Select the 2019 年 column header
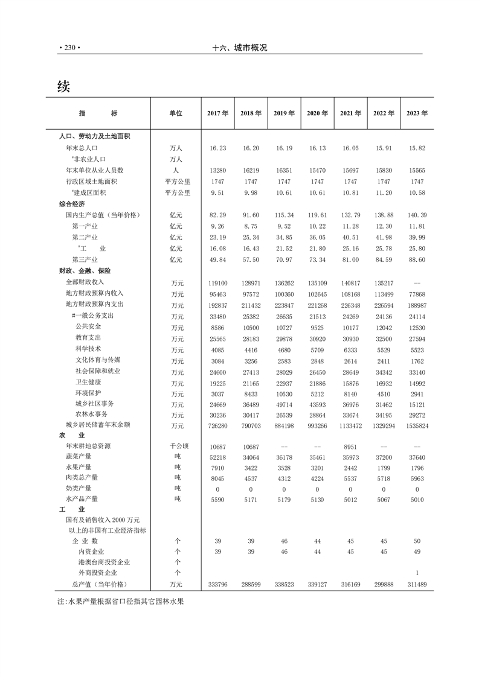pyautogui.click(x=284, y=113)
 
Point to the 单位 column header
pyautogui.click(x=175, y=113)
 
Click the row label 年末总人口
pyautogui.click(x=82, y=148)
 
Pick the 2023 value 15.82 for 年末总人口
pyautogui.click(x=417, y=148)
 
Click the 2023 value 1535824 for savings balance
pyautogui.click(x=417, y=425)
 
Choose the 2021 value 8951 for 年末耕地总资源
pyautogui.click(x=350, y=447)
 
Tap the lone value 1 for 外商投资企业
pyautogui.click(x=417, y=573)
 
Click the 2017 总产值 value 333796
pyautogui.click(x=217, y=585)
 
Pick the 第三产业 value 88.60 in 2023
pyautogui.click(x=417, y=260)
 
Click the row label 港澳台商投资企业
pyautogui.click(x=100, y=562)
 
